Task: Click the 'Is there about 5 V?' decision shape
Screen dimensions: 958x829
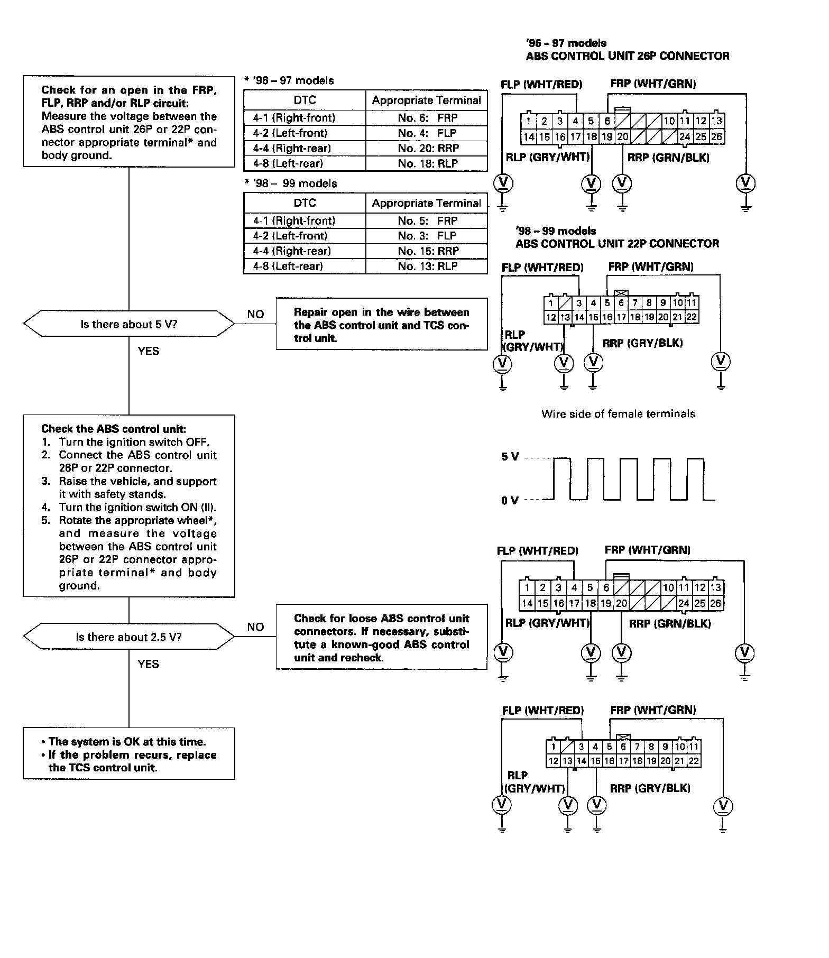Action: (129, 324)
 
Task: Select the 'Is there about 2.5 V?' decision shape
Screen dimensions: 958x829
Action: (129, 637)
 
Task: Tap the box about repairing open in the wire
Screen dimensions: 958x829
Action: (381, 325)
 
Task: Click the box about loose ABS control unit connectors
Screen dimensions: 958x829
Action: (381, 638)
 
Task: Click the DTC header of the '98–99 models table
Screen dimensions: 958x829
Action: (305, 203)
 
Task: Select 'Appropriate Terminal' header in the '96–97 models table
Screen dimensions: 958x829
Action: (426, 100)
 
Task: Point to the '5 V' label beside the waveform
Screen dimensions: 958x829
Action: (510, 457)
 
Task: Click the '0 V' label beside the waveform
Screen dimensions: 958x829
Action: (510, 500)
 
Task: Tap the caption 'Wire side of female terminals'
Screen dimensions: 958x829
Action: (618, 414)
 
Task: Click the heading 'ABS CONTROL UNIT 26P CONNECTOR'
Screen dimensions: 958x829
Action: (628, 56)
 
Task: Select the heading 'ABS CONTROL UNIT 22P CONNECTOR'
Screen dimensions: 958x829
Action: (617, 244)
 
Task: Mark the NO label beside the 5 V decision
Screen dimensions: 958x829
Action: (255, 314)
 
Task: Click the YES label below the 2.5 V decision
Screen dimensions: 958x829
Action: (149, 664)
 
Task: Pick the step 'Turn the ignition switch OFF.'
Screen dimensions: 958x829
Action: (134, 442)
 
